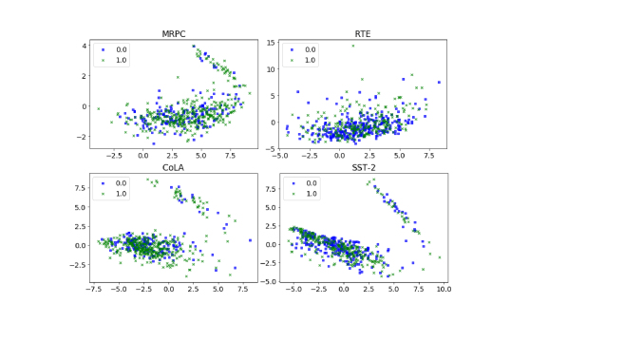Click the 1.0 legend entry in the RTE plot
[x=303, y=60]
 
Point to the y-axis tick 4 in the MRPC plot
[x=84, y=46]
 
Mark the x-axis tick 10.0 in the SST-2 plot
[x=443, y=290]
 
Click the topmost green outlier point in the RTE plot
[x=352, y=45]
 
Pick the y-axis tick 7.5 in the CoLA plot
[x=80, y=187]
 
